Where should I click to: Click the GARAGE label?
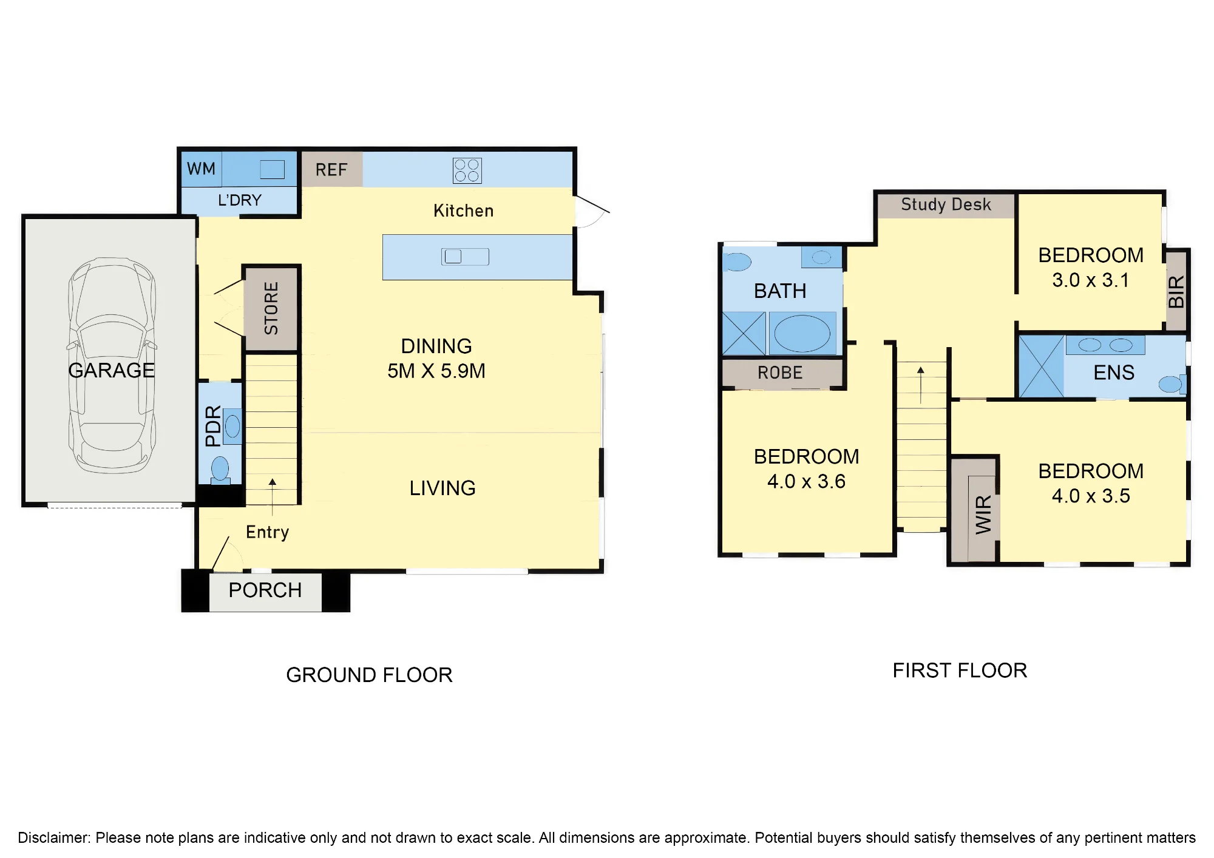point(112,370)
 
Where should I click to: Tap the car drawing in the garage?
point(112,365)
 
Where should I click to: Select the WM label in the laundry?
point(201,169)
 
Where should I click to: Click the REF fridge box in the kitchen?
point(332,169)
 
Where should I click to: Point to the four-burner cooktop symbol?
point(467,171)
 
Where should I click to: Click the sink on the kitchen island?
point(465,257)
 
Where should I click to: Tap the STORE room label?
point(271,308)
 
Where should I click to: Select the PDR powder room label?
point(213,426)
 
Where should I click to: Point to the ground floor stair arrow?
point(273,497)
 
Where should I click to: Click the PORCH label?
point(265,590)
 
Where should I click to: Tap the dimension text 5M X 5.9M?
point(436,371)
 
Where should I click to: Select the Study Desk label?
point(946,204)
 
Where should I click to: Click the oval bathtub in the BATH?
point(802,333)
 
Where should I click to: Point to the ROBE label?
point(780,373)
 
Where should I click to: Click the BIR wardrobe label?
point(1176,291)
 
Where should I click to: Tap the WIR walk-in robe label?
point(983,515)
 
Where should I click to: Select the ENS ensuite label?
point(1114,373)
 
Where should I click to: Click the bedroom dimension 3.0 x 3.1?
point(1091,280)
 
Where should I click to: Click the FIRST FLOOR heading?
point(960,671)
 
